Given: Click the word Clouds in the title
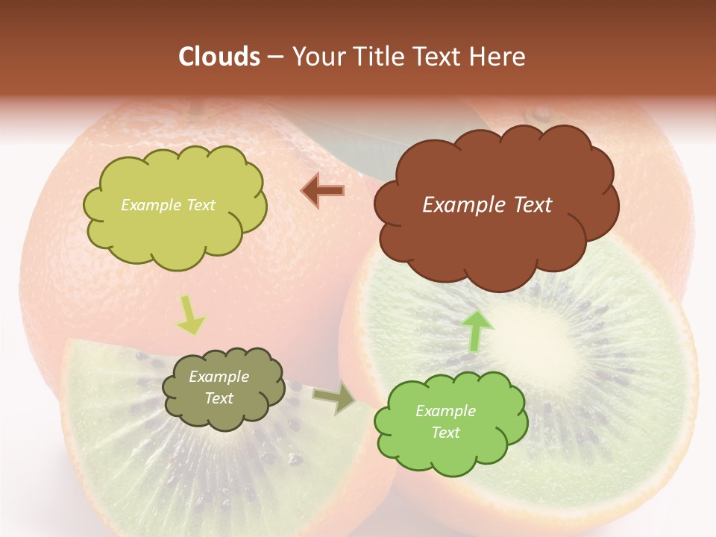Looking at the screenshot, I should point(219,57).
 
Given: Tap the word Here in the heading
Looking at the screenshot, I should point(497,57).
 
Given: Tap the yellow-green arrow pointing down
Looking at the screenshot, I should point(190,315).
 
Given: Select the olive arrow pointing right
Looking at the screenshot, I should point(335,399).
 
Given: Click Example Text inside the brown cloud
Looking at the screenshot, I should point(487,205).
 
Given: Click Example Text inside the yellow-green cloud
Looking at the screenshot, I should point(168,205).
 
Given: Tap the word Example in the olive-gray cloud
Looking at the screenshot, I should point(219,377).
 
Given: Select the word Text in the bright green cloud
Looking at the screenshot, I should point(446,433).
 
